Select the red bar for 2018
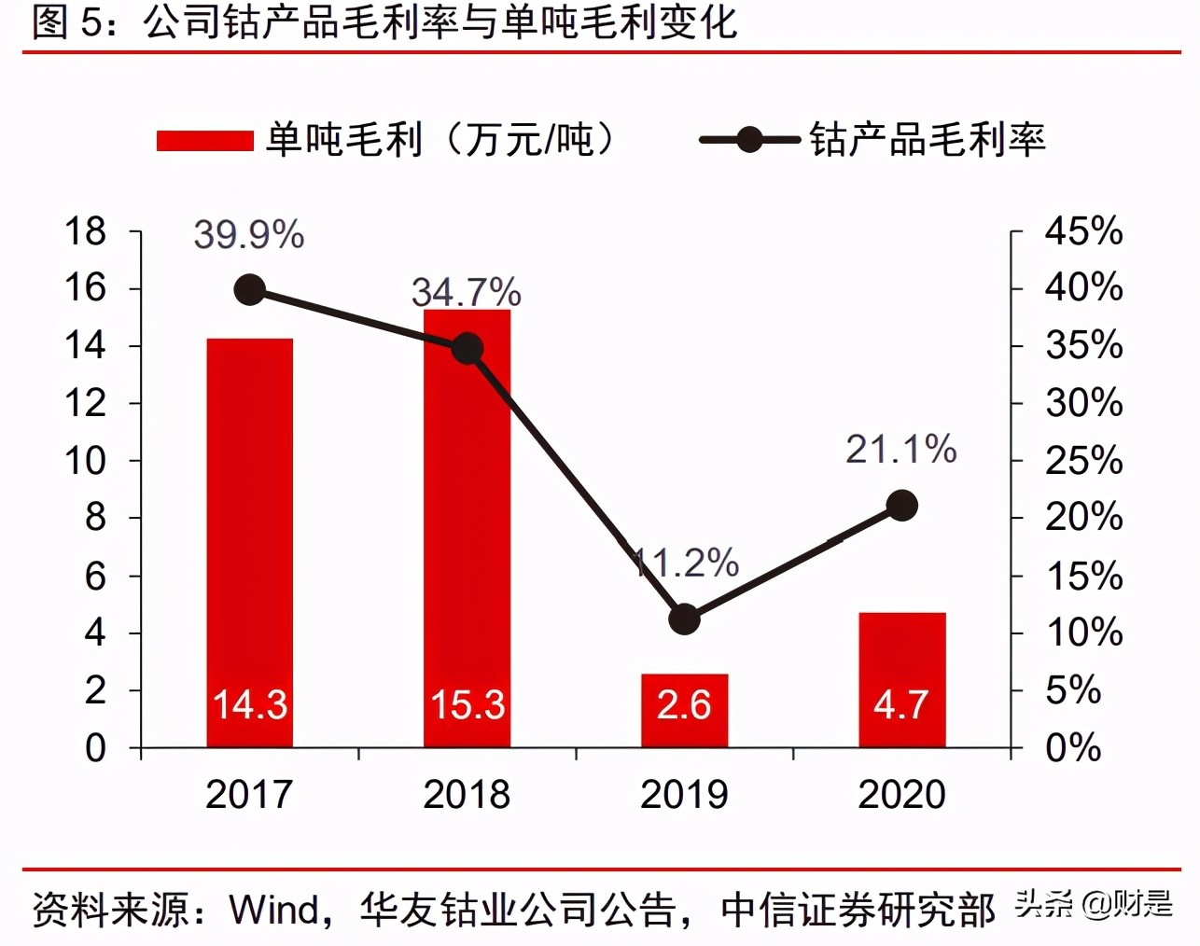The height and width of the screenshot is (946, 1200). click(467, 541)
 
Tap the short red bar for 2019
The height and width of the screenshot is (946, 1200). click(684, 710)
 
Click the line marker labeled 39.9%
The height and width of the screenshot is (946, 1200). click(249, 290)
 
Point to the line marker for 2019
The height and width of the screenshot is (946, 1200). click(684, 619)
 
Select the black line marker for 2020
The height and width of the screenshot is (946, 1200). click(901, 506)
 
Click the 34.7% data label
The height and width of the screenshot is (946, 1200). click(467, 293)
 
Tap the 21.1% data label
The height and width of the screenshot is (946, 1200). click(901, 450)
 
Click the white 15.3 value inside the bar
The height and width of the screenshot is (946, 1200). click(467, 705)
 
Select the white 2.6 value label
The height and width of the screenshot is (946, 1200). click(684, 705)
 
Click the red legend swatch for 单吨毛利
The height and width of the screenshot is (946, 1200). click(204, 141)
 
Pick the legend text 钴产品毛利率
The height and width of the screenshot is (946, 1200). click(928, 140)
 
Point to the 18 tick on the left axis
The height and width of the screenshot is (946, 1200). click(86, 231)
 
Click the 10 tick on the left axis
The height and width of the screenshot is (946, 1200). click(86, 461)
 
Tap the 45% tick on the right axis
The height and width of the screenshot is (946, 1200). click(1083, 231)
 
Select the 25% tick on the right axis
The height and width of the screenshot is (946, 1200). click(1083, 461)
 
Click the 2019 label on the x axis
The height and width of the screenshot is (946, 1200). click(684, 795)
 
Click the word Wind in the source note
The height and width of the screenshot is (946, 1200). click(274, 909)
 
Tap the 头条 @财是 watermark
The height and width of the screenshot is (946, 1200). click(1094, 904)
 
